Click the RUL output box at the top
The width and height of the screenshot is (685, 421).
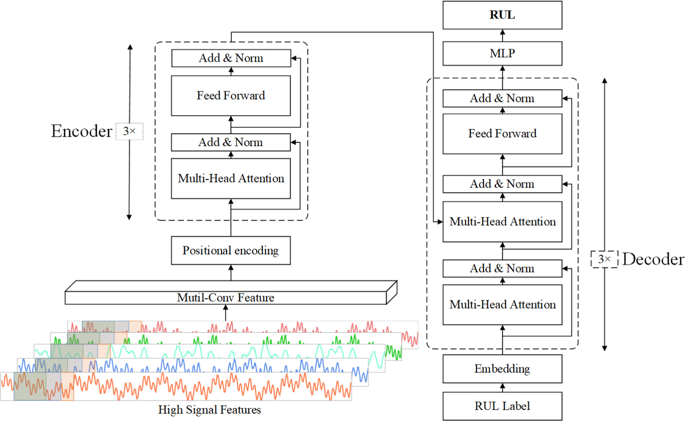(x=502, y=15)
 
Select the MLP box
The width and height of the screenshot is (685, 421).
(x=502, y=53)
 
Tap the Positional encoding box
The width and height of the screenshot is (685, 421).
(x=231, y=250)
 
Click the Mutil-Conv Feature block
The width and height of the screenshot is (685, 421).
(x=226, y=297)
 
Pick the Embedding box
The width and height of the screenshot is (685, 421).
(x=502, y=369)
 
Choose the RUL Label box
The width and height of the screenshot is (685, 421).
(x=502, y=406)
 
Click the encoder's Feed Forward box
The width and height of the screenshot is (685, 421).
(x=231, y=96)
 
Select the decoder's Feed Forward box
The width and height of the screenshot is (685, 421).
(x=502, y=134)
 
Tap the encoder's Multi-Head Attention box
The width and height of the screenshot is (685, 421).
(x=231, y=178)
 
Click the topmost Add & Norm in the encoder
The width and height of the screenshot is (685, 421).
(x=231, y=58)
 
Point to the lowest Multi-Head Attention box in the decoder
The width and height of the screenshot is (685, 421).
(x=502, y=305)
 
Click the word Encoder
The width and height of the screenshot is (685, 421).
(x=81, y=131)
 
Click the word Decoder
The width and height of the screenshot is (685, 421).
(x=653, y=259)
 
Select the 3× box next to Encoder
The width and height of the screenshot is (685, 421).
(x=129, y=131)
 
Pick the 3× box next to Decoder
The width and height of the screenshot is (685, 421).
(x=604, y=259)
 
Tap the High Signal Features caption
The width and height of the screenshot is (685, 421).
(x=209, y=410)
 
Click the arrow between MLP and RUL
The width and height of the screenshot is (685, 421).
(x=502, y=35)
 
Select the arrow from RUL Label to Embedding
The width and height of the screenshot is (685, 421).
(x=502, y=387)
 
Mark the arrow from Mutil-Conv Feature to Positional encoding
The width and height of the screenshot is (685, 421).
(x=231, y=272)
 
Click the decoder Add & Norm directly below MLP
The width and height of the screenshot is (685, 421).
(x=502, y=98)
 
